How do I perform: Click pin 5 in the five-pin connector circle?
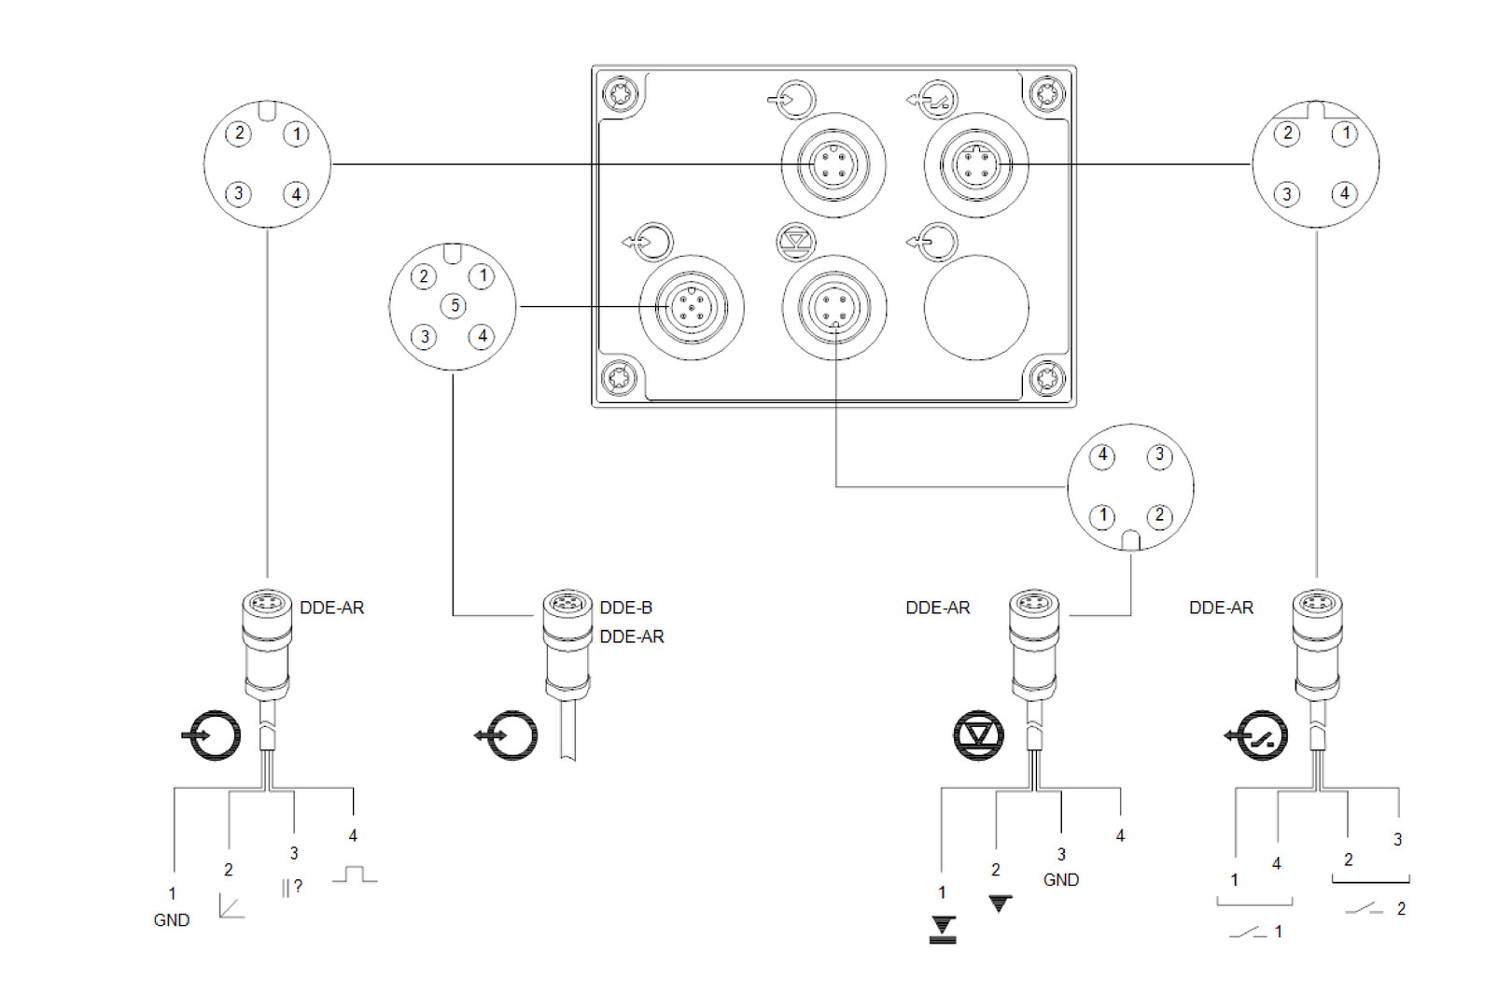(x=454, y=306)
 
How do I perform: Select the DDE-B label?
(x=625, y=608)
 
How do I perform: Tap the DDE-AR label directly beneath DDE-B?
(x=632, y=637)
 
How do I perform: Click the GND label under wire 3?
(x=1061, y=880)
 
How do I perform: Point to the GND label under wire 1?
(x=172, y=920)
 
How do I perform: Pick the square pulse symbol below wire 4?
(x=355, y=875)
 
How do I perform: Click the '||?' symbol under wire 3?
(x=292, y=888)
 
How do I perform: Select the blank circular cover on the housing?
(x=976, y=307)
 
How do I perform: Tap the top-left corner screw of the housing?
(x=620, y=94)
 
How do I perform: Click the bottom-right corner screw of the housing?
(x=1047, y=377)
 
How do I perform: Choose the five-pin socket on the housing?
(x=692, y=307)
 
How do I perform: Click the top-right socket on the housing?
(x=976, y=165)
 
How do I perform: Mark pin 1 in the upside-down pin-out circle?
(x=1102, y=516)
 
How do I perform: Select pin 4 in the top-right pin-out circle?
(x=1345, y=194)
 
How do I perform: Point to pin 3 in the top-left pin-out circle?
(x=238, y=194)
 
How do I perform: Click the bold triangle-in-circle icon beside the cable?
(x=979, y=735)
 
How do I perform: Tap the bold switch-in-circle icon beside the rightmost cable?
(x=1257, y=735)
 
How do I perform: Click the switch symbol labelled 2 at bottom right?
(x=1364, y=909)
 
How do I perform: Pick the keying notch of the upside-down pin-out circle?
(x=1130, y=540)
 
